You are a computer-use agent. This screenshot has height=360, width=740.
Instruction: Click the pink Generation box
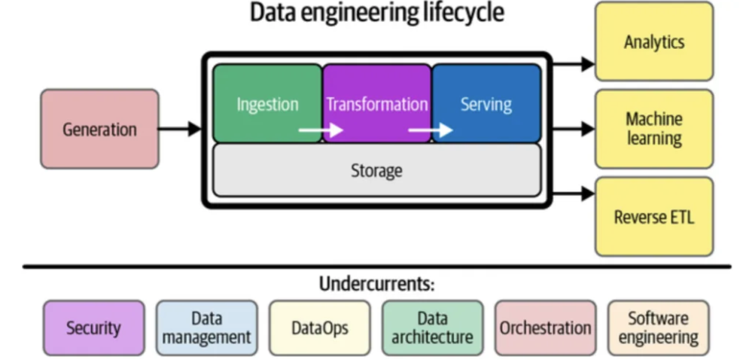tap(99, 129)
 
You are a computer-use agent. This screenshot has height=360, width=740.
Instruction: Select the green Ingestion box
tap(267, 103)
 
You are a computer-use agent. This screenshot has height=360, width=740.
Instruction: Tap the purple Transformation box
tap(377, 103)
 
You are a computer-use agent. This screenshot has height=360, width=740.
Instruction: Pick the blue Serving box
tap(486, 103)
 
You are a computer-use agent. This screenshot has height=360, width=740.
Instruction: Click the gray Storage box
tap(377, 170)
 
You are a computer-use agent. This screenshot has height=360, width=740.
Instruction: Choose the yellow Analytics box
tap(654, 41)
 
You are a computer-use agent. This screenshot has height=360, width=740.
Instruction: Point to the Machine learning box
tap(654, 129)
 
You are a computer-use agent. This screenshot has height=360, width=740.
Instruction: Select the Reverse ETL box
tap(654, 217)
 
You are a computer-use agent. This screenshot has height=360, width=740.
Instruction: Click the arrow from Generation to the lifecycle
tap(180, 129)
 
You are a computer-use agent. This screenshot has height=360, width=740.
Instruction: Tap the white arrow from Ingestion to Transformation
tap(321, 129)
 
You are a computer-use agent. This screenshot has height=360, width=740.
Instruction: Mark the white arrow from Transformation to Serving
tap(431, 129)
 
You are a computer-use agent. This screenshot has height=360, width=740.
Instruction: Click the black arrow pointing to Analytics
tap(574, 64)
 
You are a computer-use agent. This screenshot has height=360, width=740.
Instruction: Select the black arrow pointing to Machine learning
tap(574, 129)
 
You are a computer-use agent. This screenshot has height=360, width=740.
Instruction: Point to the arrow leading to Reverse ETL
tap(574, 194)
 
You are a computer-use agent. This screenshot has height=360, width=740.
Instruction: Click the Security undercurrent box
tap(93, 328)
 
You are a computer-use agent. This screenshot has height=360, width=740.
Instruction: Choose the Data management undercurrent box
tap(207, 328)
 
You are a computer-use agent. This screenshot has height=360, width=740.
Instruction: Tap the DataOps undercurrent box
tap(319, 328)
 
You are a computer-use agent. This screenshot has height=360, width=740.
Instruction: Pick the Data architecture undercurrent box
tap(432, 328)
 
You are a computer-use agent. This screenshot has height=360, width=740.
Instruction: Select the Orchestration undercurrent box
tap(545, 328)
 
